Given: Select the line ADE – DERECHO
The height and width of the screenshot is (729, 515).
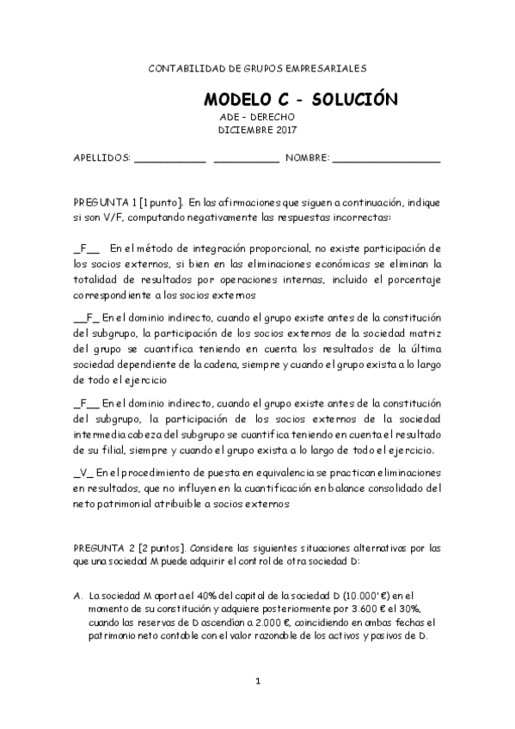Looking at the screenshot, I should tap(258, 117).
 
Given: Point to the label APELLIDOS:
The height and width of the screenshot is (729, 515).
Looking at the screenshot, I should tap(101, 159).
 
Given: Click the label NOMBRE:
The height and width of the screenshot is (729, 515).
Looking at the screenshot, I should tap(307, 159).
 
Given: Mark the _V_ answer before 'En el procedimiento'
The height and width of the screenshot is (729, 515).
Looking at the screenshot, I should tap(83, 473).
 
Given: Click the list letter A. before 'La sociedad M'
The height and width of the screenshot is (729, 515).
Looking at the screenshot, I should tap(78, 594).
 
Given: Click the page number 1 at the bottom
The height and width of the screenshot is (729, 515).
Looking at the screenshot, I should tap(257, 682).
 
